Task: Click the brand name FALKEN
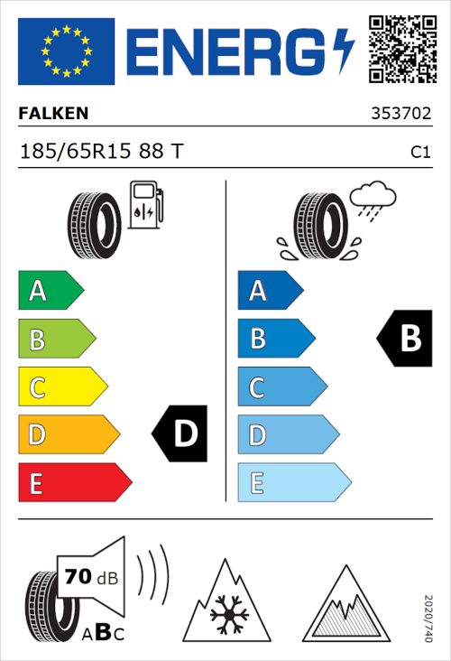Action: pos(54,114)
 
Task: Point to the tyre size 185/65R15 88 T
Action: pos(101,152)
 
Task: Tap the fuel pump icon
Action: pos(145,205)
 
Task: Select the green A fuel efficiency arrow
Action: pos(50,291)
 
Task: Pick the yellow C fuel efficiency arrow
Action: pos(61,387)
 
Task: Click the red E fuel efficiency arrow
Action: pos(74,483)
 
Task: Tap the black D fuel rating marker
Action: pos(181,434)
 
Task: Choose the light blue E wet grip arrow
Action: pos(293,483)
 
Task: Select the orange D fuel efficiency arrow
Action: pos(68,435)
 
